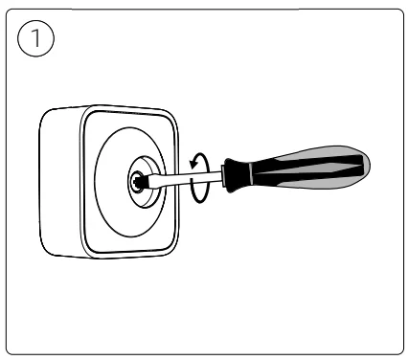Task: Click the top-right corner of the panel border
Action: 395,14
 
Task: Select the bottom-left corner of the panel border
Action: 12,348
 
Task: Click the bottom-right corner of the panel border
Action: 395,348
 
